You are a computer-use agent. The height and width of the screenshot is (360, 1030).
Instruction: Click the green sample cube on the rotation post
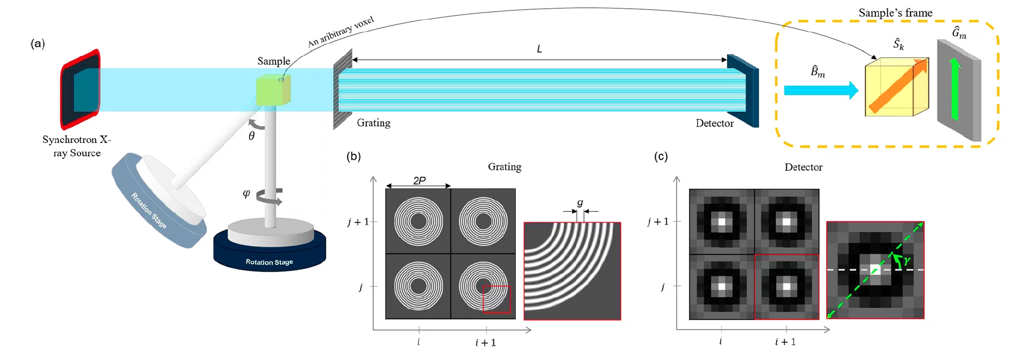click(273, 91)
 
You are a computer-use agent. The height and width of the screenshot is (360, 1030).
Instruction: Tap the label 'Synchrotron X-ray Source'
click(77, 146)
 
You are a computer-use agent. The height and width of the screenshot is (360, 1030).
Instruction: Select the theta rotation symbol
click(251, 136)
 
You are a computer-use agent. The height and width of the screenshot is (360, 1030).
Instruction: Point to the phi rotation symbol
click(246, 193)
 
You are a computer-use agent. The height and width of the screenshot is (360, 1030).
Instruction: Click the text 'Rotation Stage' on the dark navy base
click(269, 262)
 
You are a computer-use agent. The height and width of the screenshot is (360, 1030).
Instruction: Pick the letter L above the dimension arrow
click(539, 49)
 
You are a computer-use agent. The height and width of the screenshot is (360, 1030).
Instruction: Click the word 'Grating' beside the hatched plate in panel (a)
click(373, 123)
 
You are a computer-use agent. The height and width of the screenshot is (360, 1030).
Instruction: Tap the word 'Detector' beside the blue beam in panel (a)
click(714, 123)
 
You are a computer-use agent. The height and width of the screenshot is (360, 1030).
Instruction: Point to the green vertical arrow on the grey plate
click(954, 89)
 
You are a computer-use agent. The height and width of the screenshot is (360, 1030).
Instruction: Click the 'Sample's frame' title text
click(895, 13)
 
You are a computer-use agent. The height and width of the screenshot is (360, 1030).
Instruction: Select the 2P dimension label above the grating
click(419, 180)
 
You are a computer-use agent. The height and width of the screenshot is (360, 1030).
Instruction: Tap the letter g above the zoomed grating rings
click(580, 203)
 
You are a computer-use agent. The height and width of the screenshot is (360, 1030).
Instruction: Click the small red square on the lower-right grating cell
click(496, 299)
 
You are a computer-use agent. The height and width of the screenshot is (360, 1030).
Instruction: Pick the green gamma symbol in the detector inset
click(906, 260)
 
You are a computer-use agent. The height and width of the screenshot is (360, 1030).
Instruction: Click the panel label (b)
click(353, 156)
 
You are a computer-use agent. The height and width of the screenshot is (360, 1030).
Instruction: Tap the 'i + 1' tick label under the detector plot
click(785, 342)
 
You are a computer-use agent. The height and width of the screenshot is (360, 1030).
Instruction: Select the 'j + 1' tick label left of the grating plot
click(358, 222)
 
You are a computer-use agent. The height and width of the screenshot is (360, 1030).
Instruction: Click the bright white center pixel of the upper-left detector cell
click(722, 222)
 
